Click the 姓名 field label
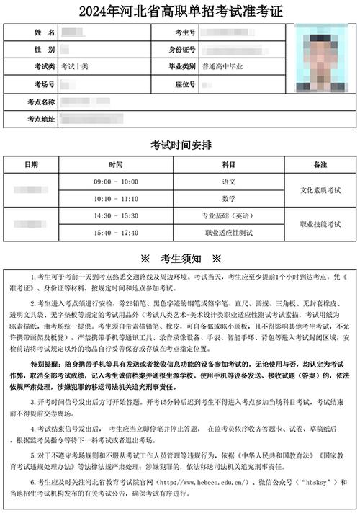click(40, 33)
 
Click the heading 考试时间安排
click(180, 145)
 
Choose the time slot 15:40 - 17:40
click(116, 232)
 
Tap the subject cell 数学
click(229, 197)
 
